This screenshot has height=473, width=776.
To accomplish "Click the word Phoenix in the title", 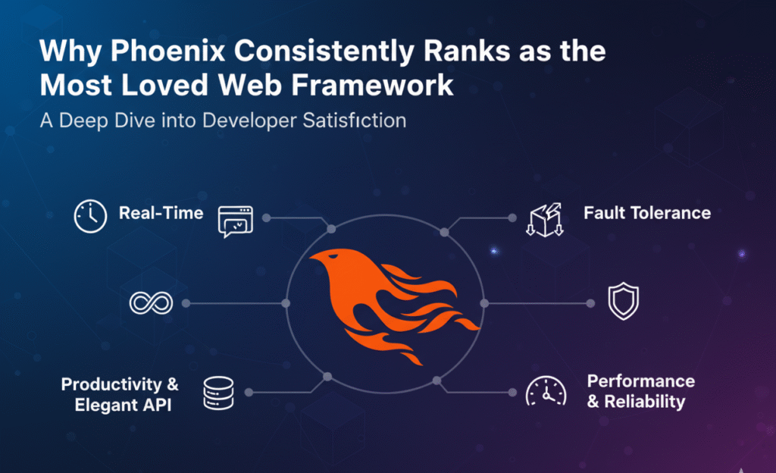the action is click(167, 51).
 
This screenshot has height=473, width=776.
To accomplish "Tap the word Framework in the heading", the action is click(372, 85).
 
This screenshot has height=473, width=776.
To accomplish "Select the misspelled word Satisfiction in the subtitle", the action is click(355, 121).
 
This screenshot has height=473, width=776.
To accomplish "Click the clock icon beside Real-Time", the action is click(90, 216).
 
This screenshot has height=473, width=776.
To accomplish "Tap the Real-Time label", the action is click(161, 213).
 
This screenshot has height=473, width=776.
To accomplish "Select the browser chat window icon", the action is click(236, 221).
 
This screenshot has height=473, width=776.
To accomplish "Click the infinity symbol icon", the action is click(151, 302).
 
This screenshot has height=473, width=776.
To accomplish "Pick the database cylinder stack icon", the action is click(218, 393).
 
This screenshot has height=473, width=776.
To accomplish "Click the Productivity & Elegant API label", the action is click(120, 394).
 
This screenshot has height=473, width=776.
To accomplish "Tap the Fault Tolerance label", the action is click(647, 213).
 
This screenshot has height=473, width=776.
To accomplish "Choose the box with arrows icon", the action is click(545, 220).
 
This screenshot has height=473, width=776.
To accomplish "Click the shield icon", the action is click(623, 301).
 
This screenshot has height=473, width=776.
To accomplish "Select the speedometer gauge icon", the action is click(546, 391).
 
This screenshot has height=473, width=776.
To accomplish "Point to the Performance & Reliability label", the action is click(641, 391).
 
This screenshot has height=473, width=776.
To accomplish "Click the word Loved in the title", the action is click(164, 85).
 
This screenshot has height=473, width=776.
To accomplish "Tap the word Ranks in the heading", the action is click(467, 51).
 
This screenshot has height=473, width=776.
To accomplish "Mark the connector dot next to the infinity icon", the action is click(186, 303).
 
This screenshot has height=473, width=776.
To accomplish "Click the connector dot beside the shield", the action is click(590, 303).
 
